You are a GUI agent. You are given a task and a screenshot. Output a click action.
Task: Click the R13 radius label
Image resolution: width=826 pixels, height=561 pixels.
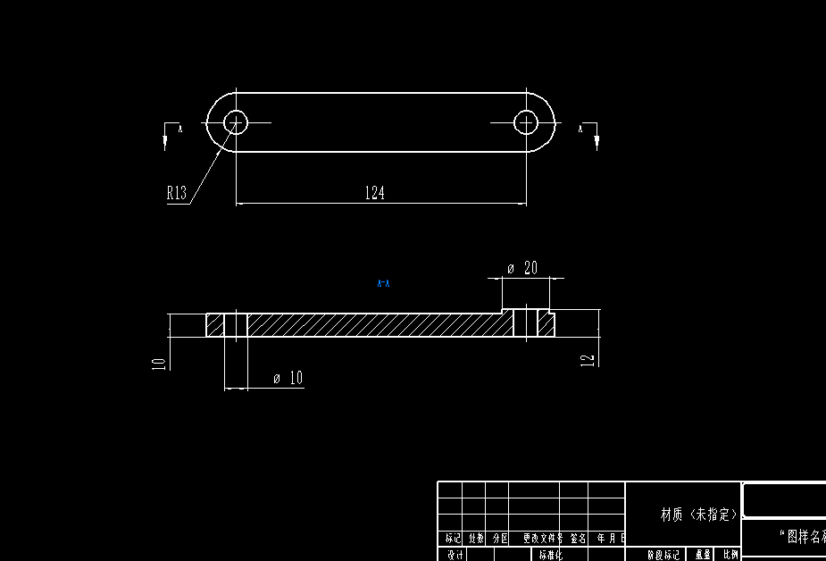pos(176,193)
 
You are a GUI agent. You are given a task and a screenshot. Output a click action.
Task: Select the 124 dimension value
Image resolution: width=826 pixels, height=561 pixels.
pos(374,193)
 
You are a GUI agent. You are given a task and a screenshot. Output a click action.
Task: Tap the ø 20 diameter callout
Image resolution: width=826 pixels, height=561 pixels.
pos(522,268)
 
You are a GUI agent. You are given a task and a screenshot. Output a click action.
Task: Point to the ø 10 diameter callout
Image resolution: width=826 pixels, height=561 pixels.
pos(288,379)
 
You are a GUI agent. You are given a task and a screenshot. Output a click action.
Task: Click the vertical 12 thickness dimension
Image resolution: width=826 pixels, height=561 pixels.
pos(587,359)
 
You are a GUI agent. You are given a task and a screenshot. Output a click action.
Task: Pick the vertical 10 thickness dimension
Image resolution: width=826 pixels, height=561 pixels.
pos(158,363)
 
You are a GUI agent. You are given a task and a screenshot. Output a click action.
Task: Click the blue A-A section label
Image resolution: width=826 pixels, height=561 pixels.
pos(384,284)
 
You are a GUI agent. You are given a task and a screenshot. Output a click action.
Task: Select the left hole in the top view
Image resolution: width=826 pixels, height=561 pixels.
pos(236,121)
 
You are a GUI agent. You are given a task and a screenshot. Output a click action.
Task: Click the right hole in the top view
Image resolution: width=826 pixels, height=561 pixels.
pos(526,121)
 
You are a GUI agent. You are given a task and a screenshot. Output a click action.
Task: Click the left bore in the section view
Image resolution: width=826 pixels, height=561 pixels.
pos(236,325)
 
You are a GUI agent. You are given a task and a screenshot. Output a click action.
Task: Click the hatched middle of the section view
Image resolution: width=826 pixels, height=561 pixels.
pos(375,325)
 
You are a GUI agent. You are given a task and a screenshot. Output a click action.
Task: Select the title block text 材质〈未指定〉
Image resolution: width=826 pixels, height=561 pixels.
pos(699,515)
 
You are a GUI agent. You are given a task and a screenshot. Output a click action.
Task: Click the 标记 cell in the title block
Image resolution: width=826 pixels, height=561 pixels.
pos(453,539)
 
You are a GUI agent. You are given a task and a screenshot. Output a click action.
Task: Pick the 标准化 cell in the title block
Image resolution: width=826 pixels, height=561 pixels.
pos(546,555)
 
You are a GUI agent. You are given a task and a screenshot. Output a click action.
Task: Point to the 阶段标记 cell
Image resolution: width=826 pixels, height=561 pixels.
pos(663,555)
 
